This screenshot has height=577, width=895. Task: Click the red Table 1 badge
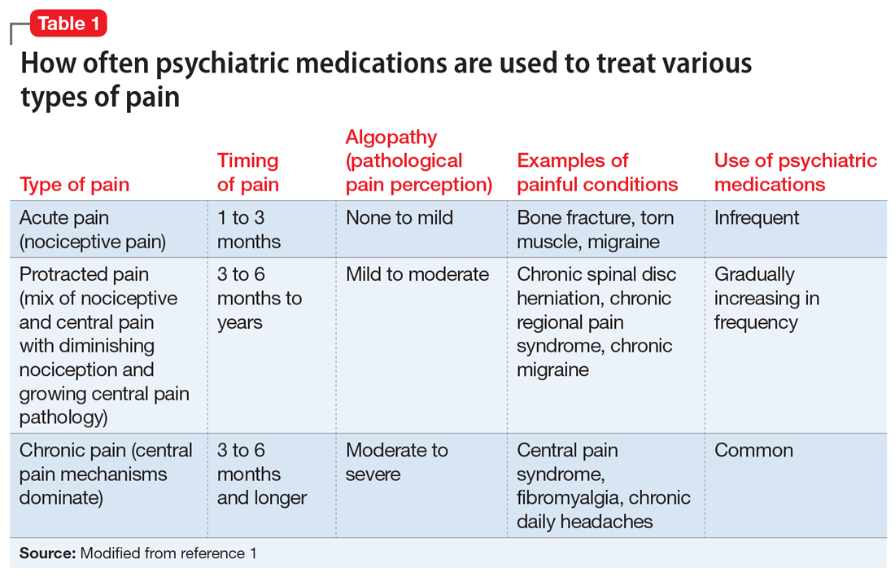pos(68,24)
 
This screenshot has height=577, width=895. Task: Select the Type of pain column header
pos(74,185)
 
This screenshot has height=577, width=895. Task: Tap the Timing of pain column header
pos(248,173)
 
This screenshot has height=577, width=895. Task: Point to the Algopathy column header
pos(418,161)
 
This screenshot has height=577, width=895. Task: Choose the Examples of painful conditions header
pos(597,173)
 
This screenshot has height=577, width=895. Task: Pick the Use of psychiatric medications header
pos(795,173)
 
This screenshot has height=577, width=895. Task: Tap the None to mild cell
pos(399,218)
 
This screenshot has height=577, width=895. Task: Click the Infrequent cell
pos(757,218)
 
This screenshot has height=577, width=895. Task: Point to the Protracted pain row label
pos(84,274)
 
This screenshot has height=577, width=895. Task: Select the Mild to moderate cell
pos(417,274)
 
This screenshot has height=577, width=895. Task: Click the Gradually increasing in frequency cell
pos(766,298)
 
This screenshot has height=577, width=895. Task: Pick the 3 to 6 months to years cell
pos(260,298)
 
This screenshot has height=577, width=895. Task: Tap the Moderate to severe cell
pos(397,461)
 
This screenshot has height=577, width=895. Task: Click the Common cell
pos(753,450)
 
